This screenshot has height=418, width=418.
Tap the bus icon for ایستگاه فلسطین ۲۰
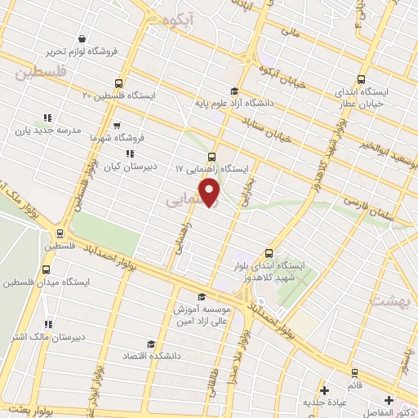pyautogui.click(x=120, y=83)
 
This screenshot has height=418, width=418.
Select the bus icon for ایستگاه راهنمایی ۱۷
pyautogui.click(x=212, y=156)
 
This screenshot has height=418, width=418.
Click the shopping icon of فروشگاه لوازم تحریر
pyautogui.click(x=82, y=38)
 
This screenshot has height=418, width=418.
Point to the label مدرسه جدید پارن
pyautogui.click(x=47, y=130)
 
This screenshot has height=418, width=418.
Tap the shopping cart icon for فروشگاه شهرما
pyautogui.click(x=118, y=126)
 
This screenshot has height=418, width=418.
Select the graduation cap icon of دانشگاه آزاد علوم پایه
pyautogui.click(x=234, y=91)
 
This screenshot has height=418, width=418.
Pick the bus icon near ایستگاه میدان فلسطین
pyautogui.click(x=46, y=269)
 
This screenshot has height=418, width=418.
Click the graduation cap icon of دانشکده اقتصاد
pyautogui.click(x=149, y=344)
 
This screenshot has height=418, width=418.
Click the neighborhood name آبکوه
pyautogui.click(x=177, y=20)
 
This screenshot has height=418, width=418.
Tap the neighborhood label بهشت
pyautogui.click(x=389, y=300)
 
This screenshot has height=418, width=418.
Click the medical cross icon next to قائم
pyautogui.click(x=325, y=390)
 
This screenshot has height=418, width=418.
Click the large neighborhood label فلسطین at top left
pyautogui.click(x=39, y=73)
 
